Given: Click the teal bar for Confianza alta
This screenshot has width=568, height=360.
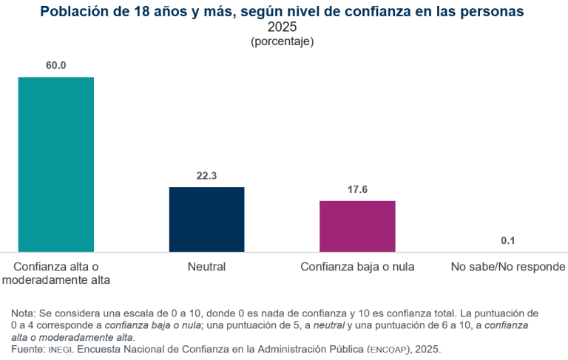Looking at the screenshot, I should click(x=56, y=164).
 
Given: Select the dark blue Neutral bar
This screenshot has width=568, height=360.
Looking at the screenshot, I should click(x=206, y=220).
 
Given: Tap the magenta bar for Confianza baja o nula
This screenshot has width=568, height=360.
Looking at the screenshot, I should click(x=357, y=226).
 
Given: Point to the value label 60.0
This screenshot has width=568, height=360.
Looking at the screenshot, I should click(x=56, y=65).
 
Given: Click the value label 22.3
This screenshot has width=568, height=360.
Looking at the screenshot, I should click(x=206, y=176).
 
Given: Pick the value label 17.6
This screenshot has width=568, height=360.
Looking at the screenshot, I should click(x=357, y=189).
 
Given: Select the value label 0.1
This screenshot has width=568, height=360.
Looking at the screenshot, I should click(x=508, y=241).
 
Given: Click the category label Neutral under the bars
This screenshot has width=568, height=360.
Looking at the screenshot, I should click(x=206, y=266).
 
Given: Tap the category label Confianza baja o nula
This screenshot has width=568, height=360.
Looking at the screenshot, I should click(x=357, y=266).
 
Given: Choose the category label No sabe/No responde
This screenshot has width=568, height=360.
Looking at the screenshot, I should click(x=508, y=266).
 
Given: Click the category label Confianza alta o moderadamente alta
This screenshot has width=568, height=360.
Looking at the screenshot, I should click(x=56, y=273).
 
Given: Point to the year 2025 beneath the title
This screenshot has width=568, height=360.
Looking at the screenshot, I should click(x=283, y=27).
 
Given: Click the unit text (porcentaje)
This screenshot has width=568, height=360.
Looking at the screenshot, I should click(x=283, y=41).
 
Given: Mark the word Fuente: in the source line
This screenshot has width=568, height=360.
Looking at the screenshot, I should click(x=28, y=348).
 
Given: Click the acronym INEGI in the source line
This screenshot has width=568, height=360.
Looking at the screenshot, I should click(x=61, y=348).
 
